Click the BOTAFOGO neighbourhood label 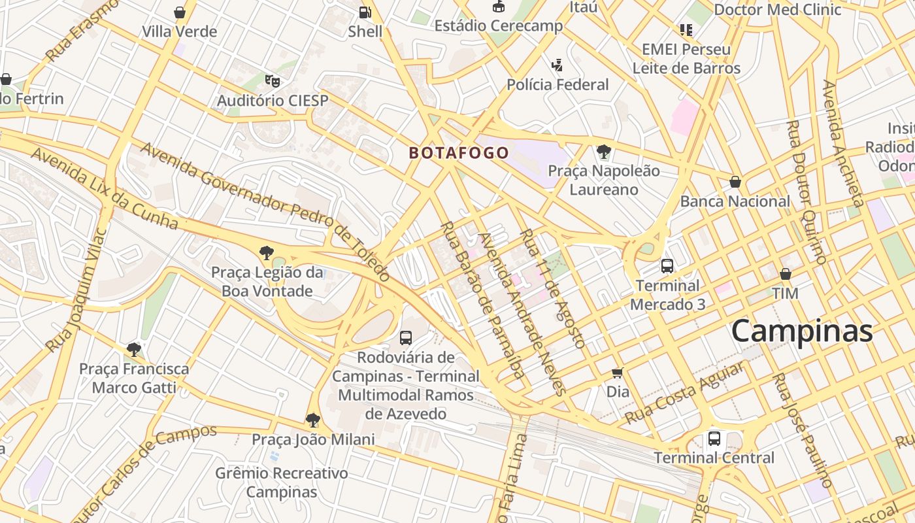(459, 153)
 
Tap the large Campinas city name (802, 331)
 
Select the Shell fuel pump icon (365, 12)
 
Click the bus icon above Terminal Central (714, 438)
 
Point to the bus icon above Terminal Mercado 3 (667, 266)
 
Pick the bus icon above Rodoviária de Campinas (406, 337)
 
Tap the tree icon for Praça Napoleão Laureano (604, 152)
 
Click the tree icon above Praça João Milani (313, 420)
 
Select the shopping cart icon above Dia (617, 373)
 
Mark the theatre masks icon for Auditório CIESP (272, 81)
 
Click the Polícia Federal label (557, 84)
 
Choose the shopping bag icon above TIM (786, 274)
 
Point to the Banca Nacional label (735, 201)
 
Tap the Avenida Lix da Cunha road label (105, 188)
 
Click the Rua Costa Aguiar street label (684, 394)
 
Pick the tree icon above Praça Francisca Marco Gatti (134, 350)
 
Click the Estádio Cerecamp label (499, 26)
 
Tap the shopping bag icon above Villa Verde (180, 12)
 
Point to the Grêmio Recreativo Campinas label (282, 482)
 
